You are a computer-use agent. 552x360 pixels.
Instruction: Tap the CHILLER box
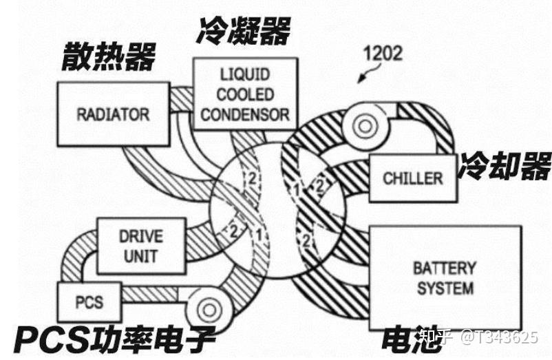coord(413,178)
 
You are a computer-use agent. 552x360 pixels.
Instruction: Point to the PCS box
coord(90,301)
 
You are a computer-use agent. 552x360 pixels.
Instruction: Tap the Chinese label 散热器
coord(110,56)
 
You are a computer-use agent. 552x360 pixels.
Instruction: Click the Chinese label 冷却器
coord(507,166)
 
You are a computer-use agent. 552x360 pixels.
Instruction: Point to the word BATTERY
coord(444,267)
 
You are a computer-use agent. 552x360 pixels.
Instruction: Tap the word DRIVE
coord(140,235)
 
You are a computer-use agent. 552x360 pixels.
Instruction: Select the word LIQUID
coord(245,74)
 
